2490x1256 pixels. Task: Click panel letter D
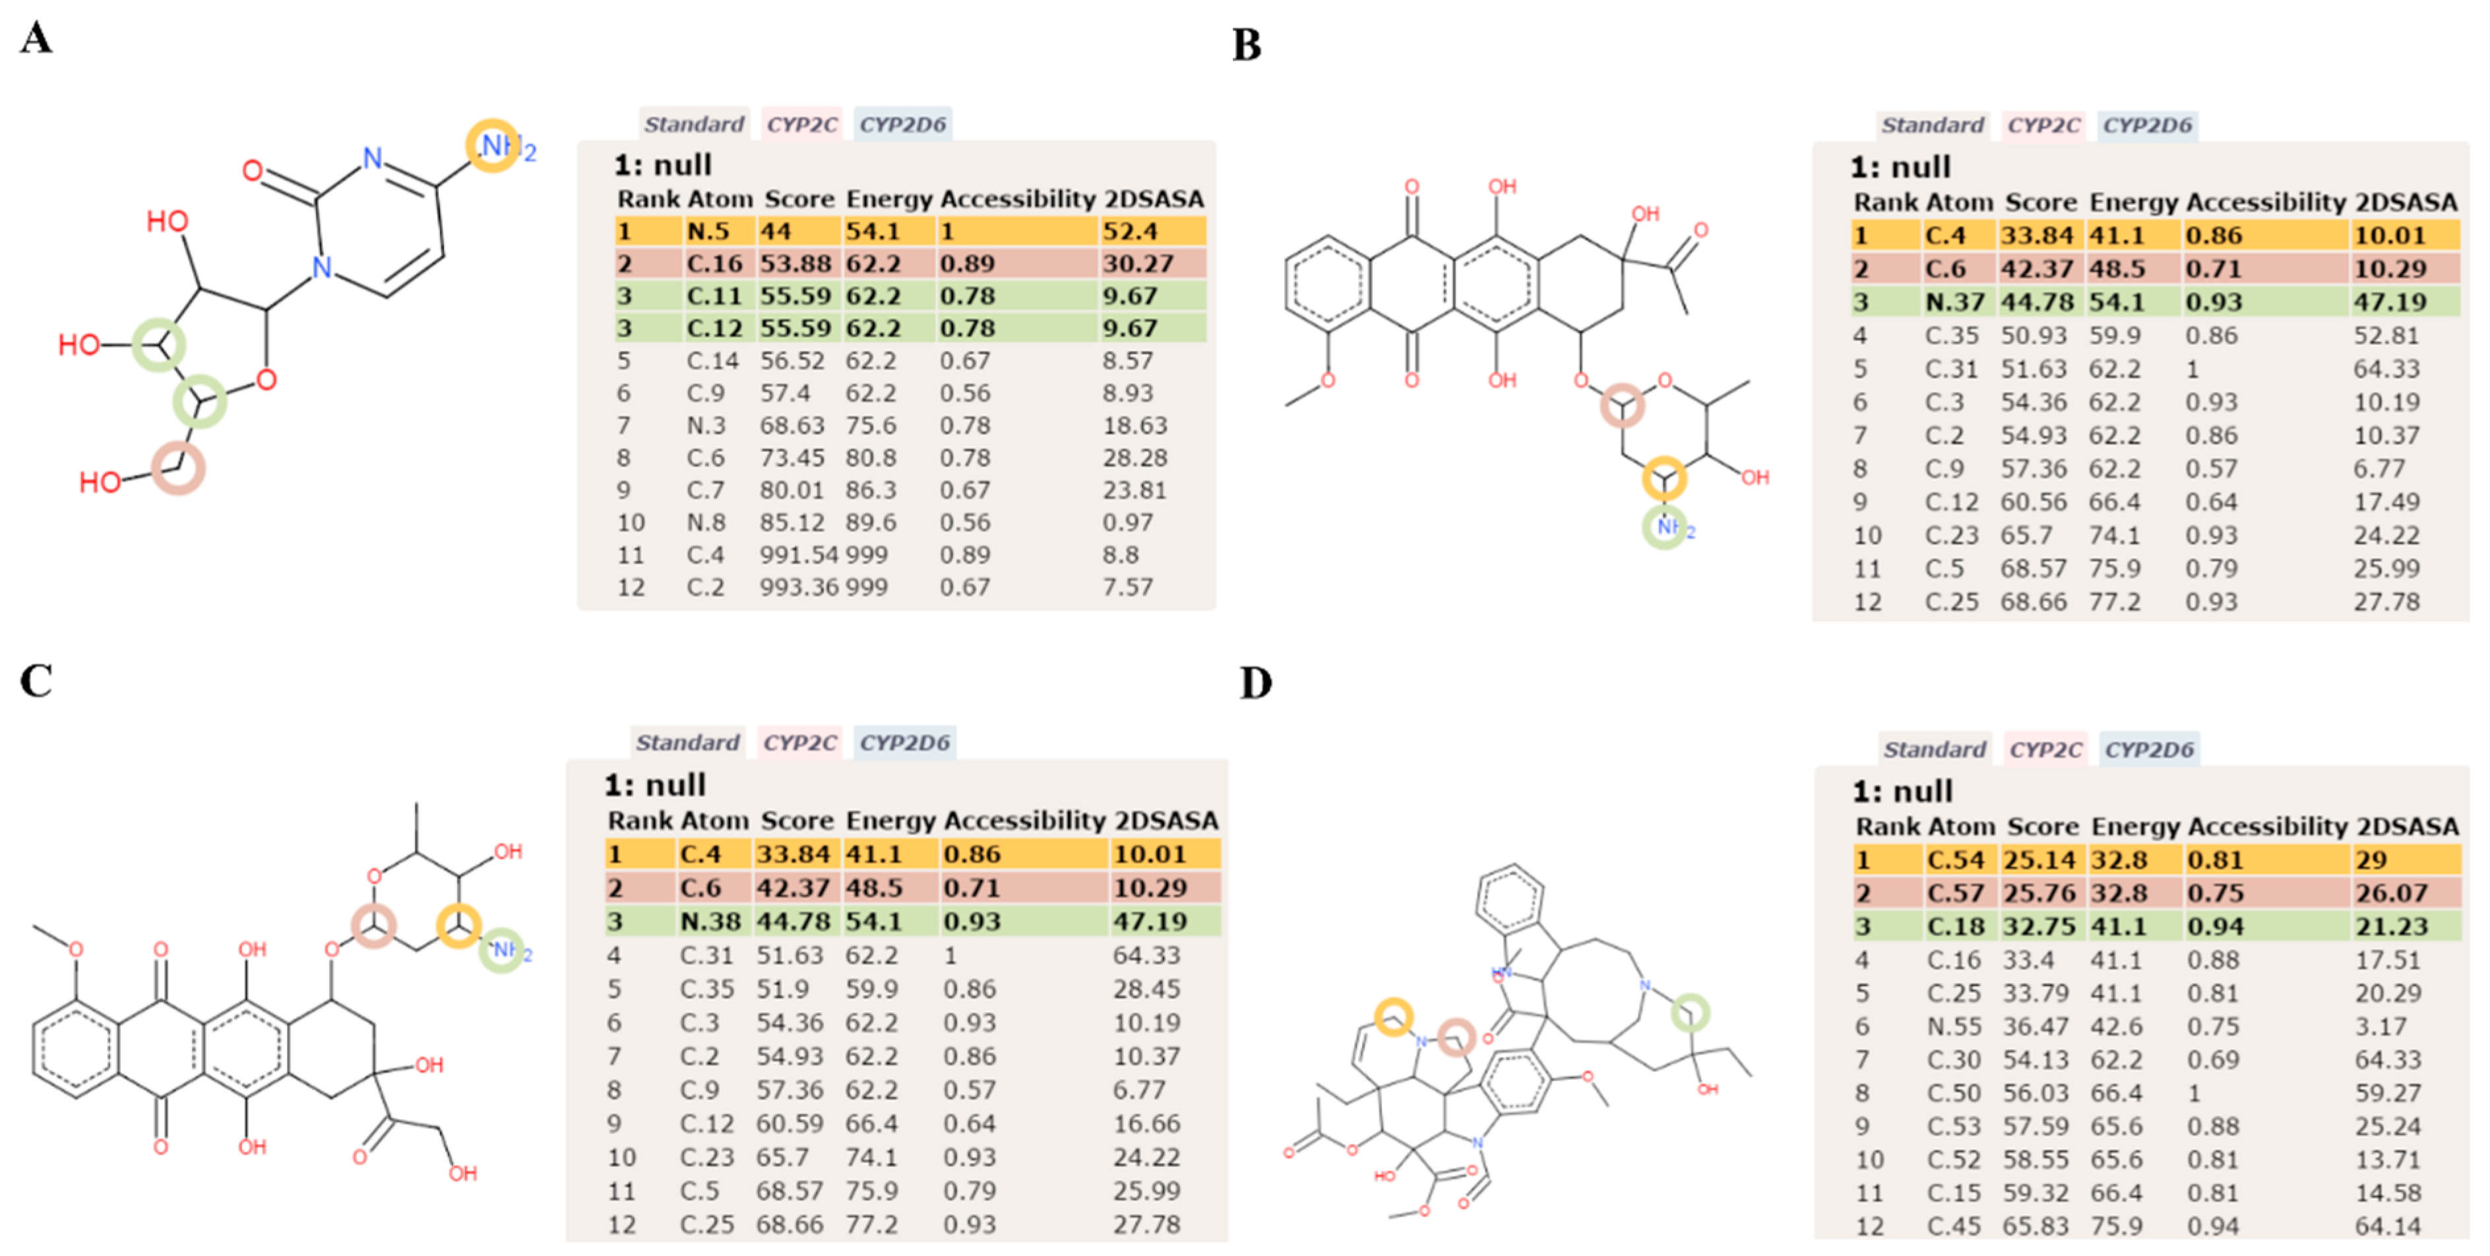pos(1256,683)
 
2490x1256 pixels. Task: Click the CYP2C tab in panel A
pos(801,125)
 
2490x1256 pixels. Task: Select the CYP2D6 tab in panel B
pos(2148,126)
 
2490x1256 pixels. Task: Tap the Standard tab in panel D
pos(1934,750)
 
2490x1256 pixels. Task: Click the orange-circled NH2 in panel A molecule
pos(493,146)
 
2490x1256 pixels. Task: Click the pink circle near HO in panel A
pos(179,468)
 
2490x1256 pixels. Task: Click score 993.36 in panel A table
pos(798,588)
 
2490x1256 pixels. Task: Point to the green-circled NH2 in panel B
pos(1665,528)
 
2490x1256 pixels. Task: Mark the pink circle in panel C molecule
pos(373,926)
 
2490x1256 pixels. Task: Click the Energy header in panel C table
pos(889,821)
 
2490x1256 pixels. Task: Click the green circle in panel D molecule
pos(1690,1013)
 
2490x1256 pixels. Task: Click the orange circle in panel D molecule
pos(1394,1017)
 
